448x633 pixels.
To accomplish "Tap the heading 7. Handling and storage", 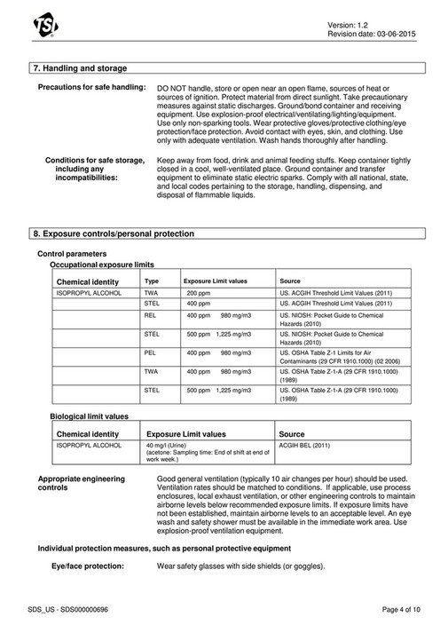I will (79, 68).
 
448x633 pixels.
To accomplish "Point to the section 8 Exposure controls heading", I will (113, 233).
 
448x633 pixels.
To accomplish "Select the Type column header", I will (152, 281).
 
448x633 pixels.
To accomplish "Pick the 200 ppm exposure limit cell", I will (199, 291).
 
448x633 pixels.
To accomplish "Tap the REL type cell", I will (151, 314).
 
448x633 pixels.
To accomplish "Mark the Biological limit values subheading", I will (89, 415).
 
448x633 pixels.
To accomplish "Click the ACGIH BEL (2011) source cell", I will (304, 445).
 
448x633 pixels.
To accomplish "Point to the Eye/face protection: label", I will (87, 566).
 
